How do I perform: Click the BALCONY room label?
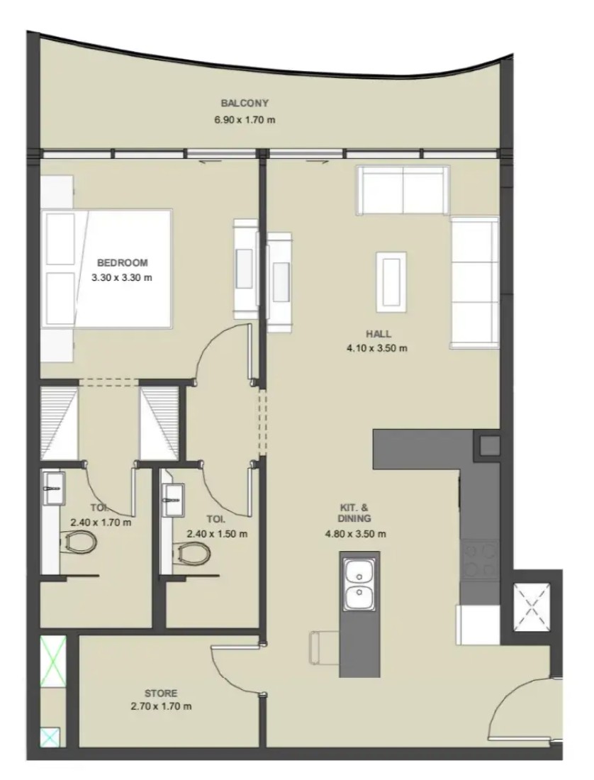click(245, 103)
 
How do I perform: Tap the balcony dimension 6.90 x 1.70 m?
click(245, 119)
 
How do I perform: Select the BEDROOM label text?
click(123, 262)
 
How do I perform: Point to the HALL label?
click(379, 334)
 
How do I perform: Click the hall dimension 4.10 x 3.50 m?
click(377, 348)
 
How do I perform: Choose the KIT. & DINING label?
click(354, 513)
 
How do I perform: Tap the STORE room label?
click(161, 693)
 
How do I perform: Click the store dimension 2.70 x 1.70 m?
click(161, 706)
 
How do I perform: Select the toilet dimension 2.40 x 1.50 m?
click(217, 534)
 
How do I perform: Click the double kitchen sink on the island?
click(359, 584)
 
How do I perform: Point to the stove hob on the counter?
click(479, 560)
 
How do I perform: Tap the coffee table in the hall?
click(391, 282)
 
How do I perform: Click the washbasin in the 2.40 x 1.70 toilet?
click(54, 489)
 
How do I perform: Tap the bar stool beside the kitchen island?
click(324, 647)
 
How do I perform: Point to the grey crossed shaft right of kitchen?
click(531, 607)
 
